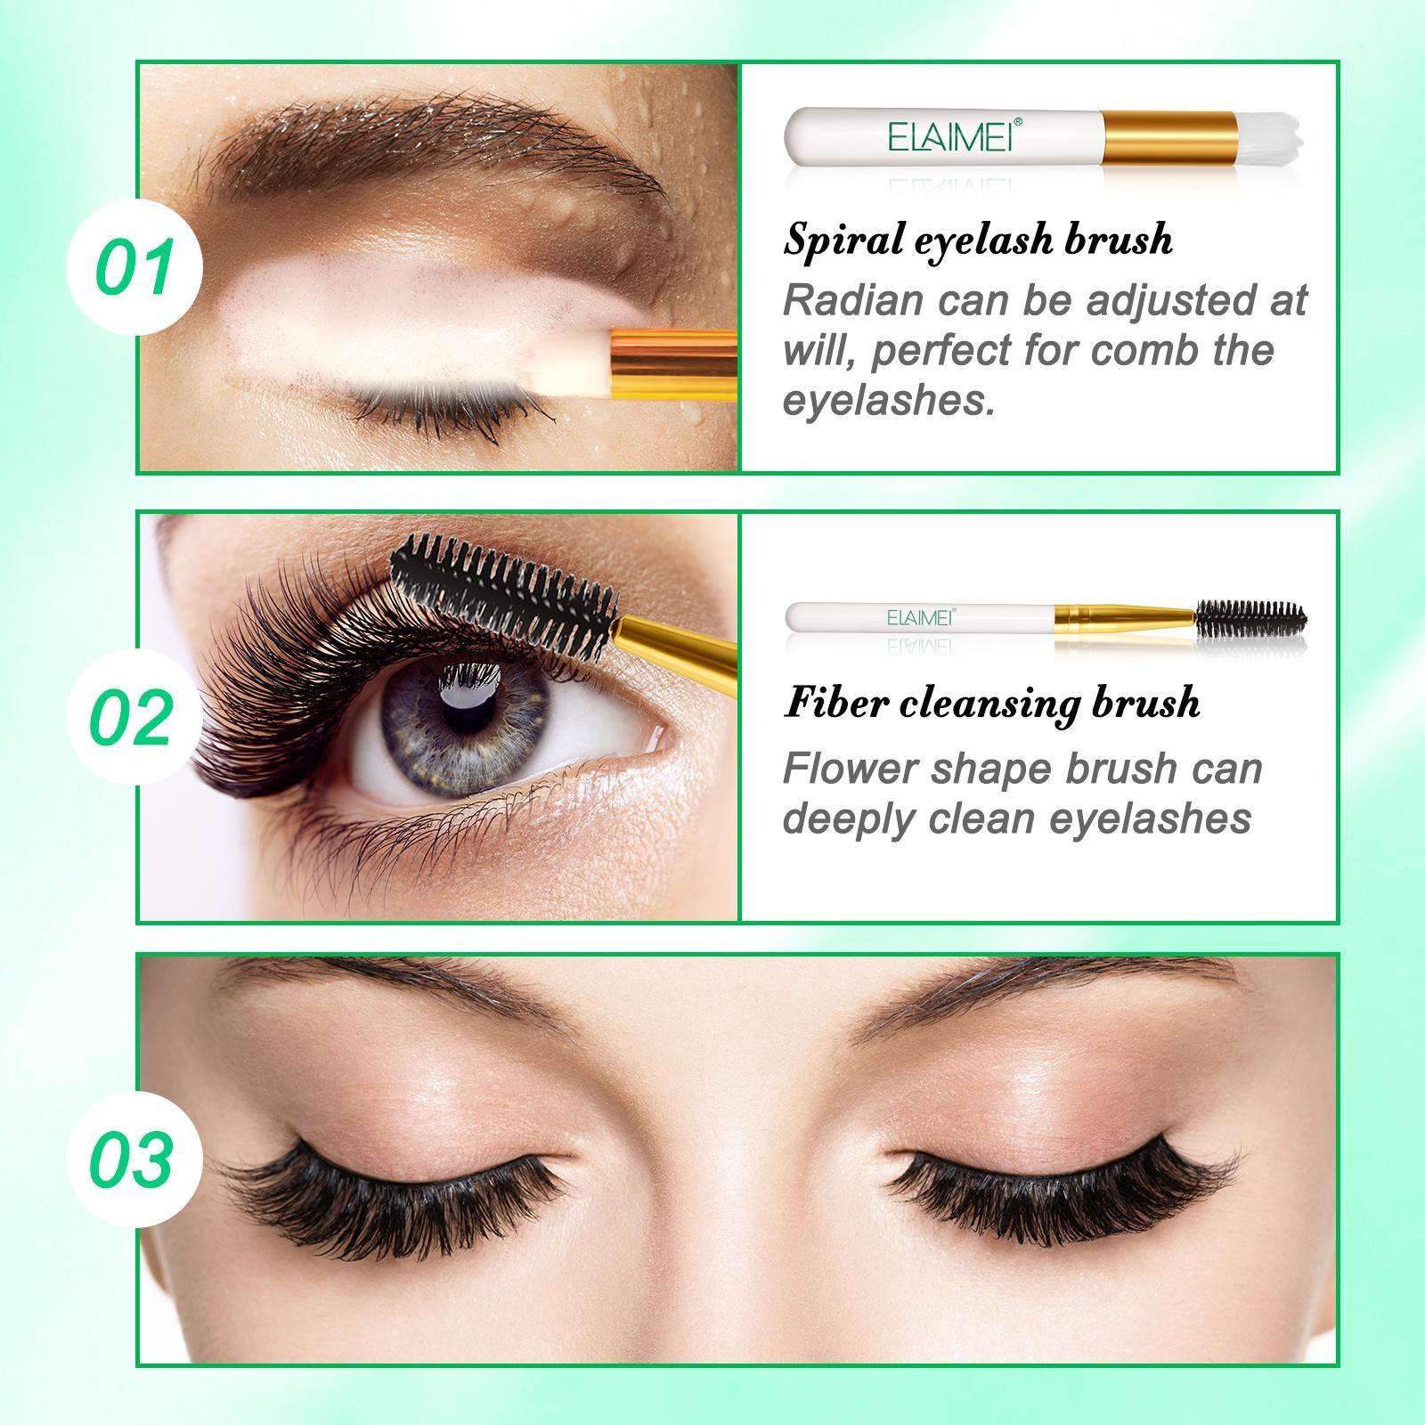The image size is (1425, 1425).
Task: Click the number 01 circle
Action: coord(134,268)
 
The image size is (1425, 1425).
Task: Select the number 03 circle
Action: coord(134,1160)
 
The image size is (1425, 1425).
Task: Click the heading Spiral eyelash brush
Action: coord(978,239)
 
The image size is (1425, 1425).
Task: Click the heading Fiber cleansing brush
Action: coord(991,702)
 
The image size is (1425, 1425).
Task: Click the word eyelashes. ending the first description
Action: coord(888,401)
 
